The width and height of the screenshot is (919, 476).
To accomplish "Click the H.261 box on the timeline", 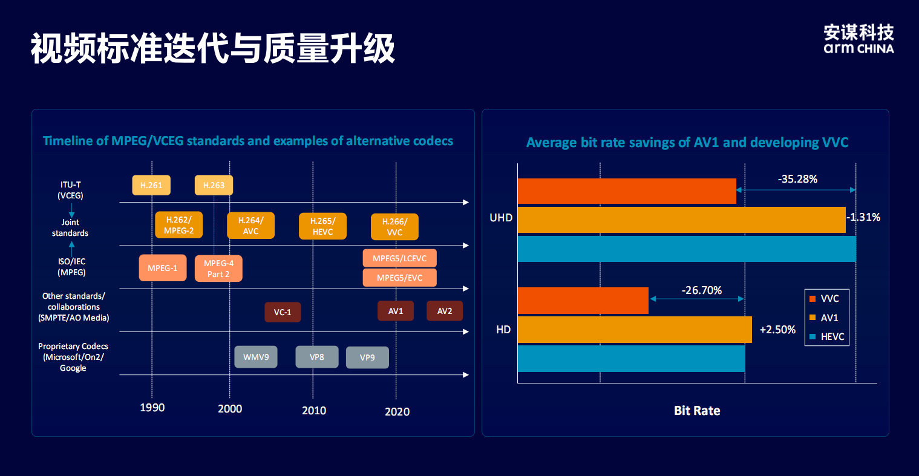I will coord(151,185).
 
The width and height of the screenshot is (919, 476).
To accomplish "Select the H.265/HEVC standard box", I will coord(322,226).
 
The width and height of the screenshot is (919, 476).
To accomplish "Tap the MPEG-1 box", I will coord(163,268).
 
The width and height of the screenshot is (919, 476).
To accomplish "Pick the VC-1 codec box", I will coord(283,312).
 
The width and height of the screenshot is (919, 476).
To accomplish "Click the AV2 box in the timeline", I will coord(445,311).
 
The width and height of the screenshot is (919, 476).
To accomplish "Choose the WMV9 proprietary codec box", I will coord(256,357).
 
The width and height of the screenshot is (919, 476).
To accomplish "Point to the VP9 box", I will coord(367,357).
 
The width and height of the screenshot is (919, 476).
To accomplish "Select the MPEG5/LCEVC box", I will coord(399,258).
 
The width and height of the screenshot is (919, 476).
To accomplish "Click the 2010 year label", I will coord(314,411).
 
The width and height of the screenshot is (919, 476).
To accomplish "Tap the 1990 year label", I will coord(152,408).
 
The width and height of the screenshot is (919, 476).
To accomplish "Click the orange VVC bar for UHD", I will coord(627,191).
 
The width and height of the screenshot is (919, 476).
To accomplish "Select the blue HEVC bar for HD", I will coord(631,358).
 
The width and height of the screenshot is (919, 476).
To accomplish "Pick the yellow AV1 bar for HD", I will coord(635,330).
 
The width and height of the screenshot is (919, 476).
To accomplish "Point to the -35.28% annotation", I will coord(797,179).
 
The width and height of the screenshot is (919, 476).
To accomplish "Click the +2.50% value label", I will coord(777,330).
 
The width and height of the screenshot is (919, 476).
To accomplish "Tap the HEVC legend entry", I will coord(826,337).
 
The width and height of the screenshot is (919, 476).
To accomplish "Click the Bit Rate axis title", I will coord(697,411).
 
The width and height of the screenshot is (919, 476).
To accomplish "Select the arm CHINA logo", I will coord(858,40).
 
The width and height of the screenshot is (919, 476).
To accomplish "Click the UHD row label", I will coord(501,218).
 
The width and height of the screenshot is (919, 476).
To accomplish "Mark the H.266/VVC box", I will coord(394,227).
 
